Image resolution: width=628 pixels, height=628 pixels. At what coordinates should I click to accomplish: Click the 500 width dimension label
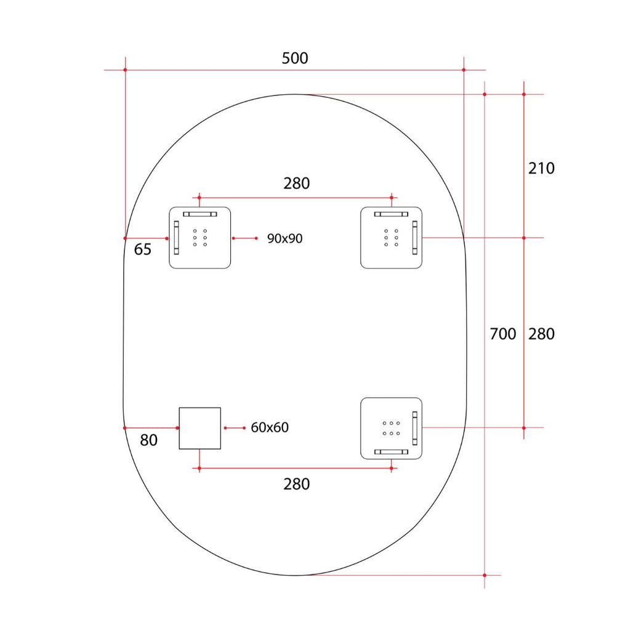[295, 58]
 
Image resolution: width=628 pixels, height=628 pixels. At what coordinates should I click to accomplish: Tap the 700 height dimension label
[502, 334]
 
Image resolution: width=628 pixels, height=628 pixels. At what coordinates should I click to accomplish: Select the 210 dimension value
[541, 168]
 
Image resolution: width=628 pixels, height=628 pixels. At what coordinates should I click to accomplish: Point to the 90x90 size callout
[285, 238]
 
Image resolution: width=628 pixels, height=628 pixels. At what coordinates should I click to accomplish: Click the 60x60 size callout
[270, 427]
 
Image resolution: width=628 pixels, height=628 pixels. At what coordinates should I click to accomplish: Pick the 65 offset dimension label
[143, 249]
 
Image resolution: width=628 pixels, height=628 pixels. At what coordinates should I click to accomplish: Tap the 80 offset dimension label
[148, 440]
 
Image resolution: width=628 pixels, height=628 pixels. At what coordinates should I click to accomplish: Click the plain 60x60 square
[200, 428]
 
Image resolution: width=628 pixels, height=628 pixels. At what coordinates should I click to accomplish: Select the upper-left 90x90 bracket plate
[200, 238]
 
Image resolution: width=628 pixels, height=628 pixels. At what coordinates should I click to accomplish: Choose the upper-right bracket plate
[392, 238]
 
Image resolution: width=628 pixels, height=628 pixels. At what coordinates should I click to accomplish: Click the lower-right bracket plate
[392, 428]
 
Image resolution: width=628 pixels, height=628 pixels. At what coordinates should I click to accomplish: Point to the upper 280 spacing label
[296, 183]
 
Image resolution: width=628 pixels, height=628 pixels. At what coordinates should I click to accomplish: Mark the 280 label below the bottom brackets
[296, 484]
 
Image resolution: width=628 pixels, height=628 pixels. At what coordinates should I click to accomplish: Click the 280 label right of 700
[541, 334]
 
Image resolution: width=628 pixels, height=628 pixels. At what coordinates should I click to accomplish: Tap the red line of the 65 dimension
[146, 238]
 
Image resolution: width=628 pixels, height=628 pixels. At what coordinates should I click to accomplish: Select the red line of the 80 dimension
[151, 428]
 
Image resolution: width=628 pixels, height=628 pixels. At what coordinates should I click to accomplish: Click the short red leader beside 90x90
[244, 238]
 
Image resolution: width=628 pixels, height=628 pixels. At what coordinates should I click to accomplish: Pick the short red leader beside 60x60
[235, 428]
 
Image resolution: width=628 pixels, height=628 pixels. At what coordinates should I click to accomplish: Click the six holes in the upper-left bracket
[200, 238]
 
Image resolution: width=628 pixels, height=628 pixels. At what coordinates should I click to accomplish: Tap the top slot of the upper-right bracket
[392, 214]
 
